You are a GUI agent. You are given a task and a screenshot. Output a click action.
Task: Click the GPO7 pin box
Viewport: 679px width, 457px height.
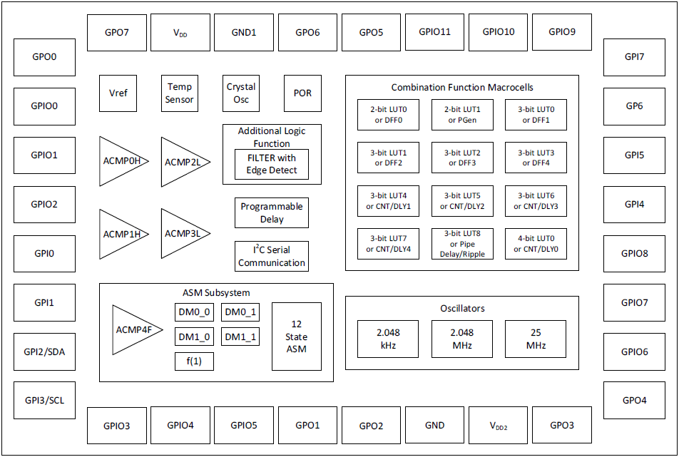click(117, 32)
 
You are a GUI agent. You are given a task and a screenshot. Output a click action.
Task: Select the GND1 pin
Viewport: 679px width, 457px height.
click(244, 32)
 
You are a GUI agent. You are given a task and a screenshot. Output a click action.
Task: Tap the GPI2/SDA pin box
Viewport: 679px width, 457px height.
click(44, 351)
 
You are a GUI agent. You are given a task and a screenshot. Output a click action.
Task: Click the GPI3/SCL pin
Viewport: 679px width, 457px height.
click(44, 400)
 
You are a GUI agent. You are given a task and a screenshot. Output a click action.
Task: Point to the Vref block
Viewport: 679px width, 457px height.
click(118, 93)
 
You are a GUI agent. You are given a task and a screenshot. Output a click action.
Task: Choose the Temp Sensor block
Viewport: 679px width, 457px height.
click(180, 93)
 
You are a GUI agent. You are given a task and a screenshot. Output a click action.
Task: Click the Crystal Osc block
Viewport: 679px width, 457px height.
click(241, 93)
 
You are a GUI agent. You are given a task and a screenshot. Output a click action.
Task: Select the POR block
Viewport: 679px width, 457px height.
click(302, 93)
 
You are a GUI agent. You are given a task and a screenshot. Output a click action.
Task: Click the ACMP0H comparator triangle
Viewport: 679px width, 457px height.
click(120, 161)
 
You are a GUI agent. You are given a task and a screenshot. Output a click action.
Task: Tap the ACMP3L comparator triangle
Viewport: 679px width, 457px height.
click(182, 234)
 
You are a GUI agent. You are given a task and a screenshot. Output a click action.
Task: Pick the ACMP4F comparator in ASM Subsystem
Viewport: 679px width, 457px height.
click(133, 330)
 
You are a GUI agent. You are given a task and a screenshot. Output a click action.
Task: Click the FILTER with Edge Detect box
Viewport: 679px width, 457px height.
click(272, 165)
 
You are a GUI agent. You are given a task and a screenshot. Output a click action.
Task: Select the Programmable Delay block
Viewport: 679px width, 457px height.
click(272, 213)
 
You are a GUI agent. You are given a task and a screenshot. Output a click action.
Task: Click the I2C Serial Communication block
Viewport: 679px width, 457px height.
click(272, 257)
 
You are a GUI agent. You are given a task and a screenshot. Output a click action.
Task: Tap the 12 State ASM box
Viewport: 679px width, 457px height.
click(297, 336)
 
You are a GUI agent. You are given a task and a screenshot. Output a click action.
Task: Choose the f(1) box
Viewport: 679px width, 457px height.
click(194, 361)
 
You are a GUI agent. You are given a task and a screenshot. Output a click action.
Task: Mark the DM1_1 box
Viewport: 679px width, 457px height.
click(240, 337)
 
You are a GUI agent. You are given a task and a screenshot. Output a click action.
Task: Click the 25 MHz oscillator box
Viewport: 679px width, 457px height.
click(536, 339)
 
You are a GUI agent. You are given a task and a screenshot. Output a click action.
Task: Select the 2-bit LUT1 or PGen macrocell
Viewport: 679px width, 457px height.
click(462, 115)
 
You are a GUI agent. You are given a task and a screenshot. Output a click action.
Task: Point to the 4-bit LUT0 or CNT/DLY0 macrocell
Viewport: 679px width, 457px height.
click(536, 244)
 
